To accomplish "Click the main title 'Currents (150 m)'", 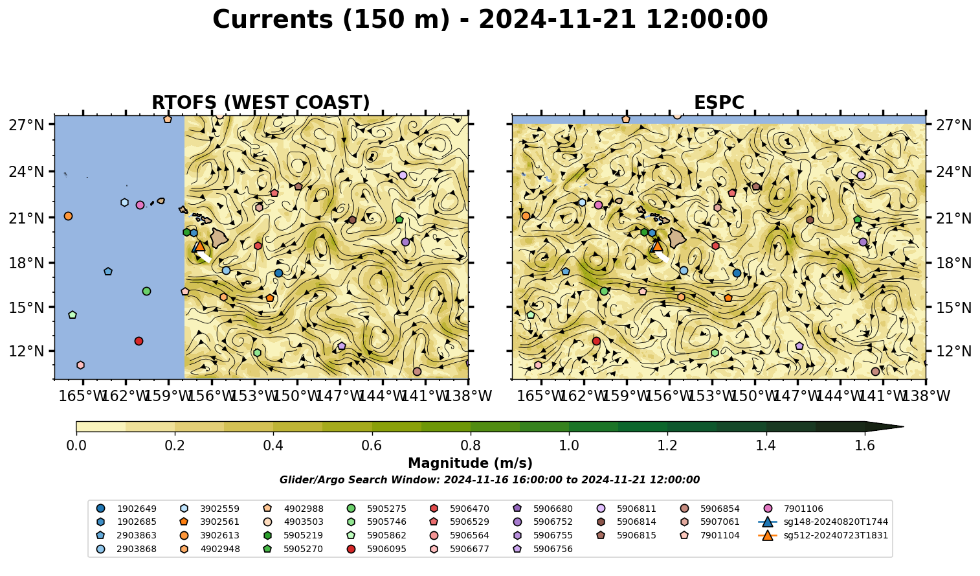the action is pos(331,19).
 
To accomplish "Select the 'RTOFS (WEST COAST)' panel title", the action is pos(261,102).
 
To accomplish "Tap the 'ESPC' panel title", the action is pos(718,102).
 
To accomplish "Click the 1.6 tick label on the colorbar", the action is pos(865,446).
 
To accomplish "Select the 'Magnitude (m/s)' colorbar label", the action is pos(471,463).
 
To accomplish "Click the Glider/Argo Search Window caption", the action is pos(489,480).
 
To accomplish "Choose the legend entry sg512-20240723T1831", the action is pos(823,535).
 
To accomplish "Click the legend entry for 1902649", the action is pos(128,509).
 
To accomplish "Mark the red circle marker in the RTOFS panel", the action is pos(139,341).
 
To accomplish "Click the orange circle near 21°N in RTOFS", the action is pos(68,216).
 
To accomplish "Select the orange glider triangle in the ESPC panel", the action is pos(657,246).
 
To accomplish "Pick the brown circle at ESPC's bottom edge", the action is pos(875,371).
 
